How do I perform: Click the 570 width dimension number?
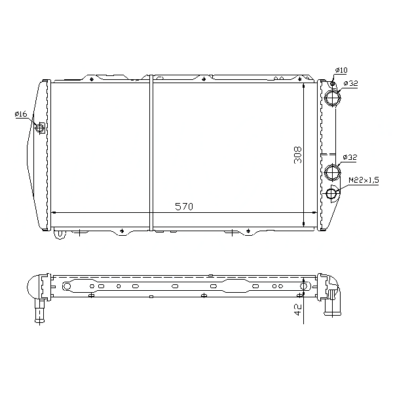184,206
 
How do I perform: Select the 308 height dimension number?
298,155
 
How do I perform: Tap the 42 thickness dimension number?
297,310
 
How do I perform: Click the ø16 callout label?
21,114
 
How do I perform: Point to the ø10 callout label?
341,70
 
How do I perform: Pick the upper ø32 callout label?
350,83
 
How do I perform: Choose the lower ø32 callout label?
349,157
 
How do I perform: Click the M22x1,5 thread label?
364,180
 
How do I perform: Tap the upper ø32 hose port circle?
333,98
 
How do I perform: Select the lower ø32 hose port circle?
333,172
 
